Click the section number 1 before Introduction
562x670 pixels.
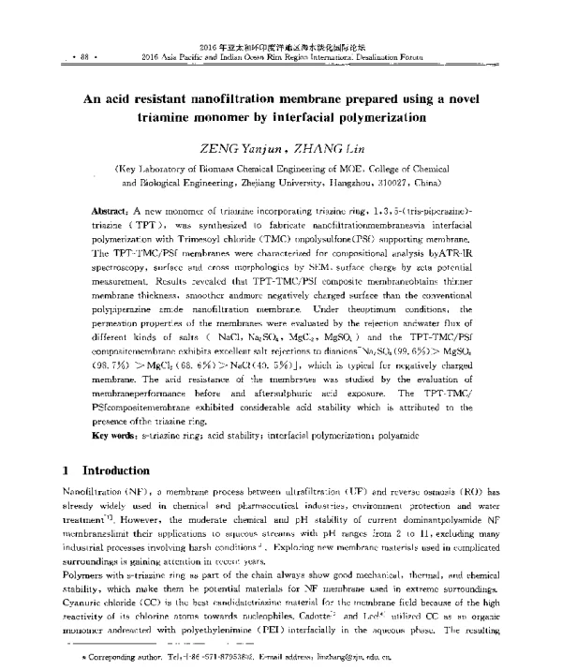(x=64, y=469)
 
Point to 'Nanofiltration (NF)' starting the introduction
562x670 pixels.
(x=98, y=491)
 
